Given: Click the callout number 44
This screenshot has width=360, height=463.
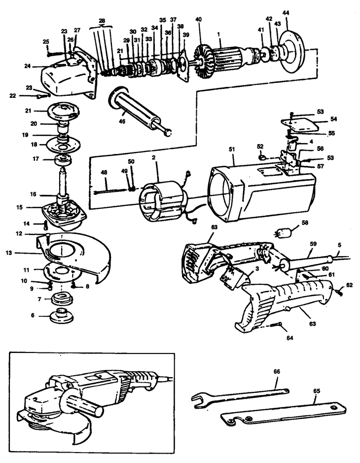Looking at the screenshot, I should point(287,12).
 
